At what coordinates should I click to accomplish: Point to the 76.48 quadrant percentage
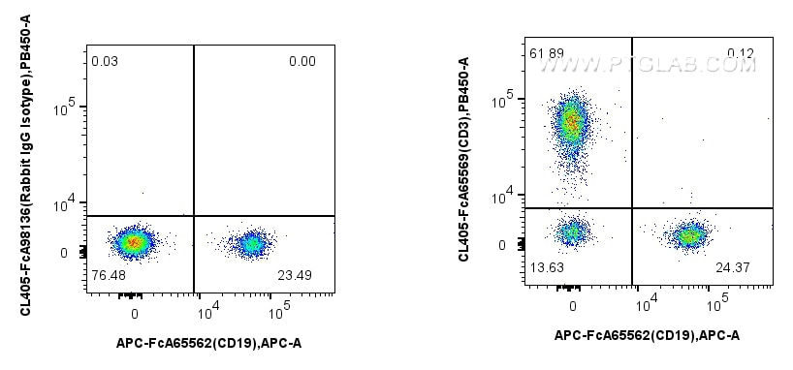point(108,275)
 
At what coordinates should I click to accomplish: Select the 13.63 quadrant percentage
point(546,267)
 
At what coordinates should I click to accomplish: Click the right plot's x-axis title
point(647,335)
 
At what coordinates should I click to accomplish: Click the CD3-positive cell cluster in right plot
point(572,123)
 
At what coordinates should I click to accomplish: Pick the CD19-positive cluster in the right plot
point(689,234)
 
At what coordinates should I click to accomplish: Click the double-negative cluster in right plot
point(573,232)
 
